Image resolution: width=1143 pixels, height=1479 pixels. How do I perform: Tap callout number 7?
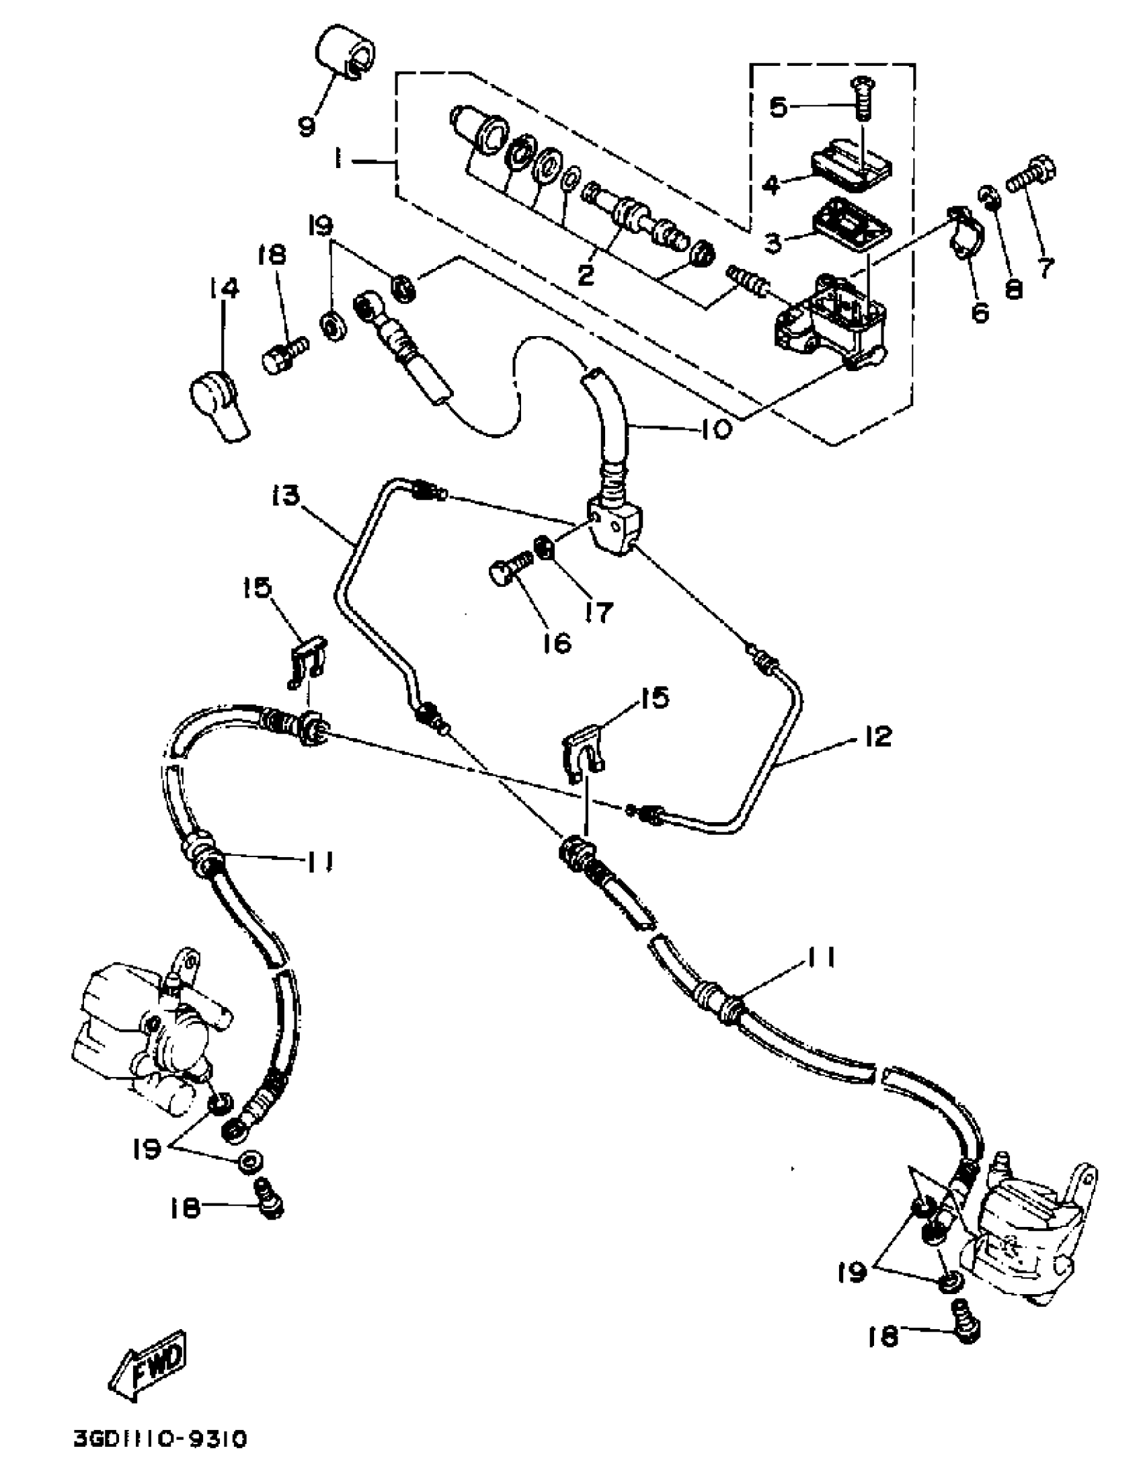coord(1046,268)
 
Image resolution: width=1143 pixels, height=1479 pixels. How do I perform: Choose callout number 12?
coord(877,736)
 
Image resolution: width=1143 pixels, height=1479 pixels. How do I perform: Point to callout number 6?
coord(980,311)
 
